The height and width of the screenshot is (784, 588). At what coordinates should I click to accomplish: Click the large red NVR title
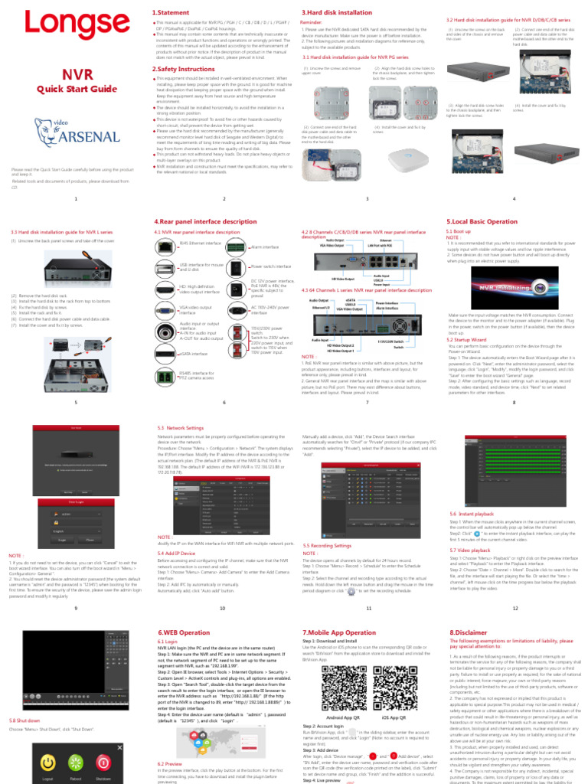pyautogui.click(x=77, y=74)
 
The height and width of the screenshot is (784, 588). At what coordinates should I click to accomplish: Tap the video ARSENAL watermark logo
pyautogui.click(x=77, y=137)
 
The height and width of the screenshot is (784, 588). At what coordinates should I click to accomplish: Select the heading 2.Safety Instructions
pyautogui.click(x=184, y=69)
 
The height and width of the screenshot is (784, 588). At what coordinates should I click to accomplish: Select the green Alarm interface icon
pyautogui.click(x=240, y=247)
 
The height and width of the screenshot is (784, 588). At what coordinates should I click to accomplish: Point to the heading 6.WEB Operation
pyautogui.click(x=183, y=632)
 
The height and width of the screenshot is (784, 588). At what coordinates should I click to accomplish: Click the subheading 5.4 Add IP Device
pyautogui.click(x=175, y=552)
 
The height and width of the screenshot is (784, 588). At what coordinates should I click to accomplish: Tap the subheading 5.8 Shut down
pyautogui.click(x=25, y=721)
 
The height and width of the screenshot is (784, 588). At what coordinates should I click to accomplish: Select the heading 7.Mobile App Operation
pyautogui.click(x=339, y=632)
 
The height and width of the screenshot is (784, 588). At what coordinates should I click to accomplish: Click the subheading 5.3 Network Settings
pyautogui.click(x=180, y=427)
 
